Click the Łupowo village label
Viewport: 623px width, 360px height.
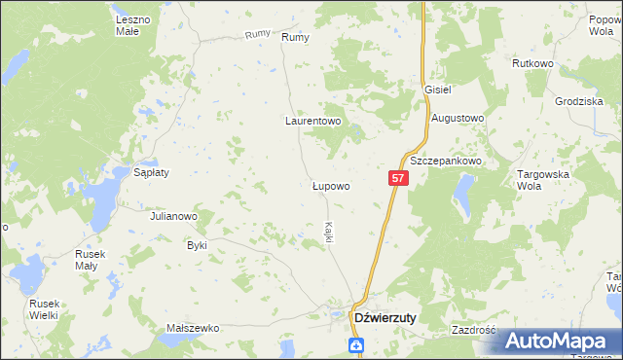(331, 185)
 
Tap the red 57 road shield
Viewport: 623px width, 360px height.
(398, 178)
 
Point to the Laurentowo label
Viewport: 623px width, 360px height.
(312, 122)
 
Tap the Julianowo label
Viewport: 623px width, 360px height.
(174, 216)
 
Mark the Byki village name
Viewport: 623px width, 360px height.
(198, 245)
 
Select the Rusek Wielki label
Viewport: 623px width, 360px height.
(44, 307)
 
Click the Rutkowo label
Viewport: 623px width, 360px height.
(532, 63)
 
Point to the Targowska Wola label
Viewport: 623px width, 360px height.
(534, 179)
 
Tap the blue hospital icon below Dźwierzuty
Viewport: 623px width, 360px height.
(356, 344)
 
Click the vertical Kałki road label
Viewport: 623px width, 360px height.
(329, 233)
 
